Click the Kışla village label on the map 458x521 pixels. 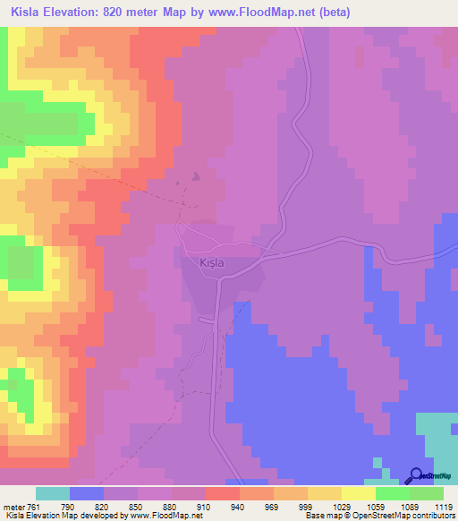(x=205, y=263)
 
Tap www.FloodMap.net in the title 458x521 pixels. (x=270, y=13)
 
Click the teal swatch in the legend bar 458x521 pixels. (x=53, y=493)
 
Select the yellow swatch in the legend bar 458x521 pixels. (x=359, y=493)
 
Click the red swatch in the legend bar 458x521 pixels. (x=223, y=493)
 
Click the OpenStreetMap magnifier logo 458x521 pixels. (x=414, y=476)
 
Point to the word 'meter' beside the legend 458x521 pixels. (x=14, y=506)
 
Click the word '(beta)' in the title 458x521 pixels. (x=330, y=13)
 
